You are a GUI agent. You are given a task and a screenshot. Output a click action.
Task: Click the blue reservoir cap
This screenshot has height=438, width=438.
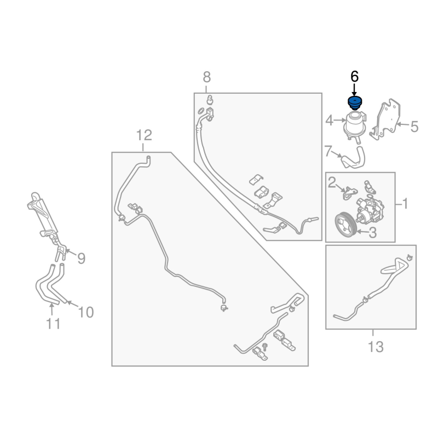(355, 103)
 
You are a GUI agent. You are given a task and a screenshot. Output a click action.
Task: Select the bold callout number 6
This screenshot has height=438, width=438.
(354, 77)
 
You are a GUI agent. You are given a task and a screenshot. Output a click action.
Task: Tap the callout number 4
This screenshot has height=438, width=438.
(330, 120)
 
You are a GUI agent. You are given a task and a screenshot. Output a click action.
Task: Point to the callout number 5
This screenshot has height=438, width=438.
(414, 127)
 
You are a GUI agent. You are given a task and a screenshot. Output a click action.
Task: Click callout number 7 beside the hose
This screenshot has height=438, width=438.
(328, 151)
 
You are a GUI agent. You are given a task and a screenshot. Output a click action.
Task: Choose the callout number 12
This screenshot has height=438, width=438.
(143, 135)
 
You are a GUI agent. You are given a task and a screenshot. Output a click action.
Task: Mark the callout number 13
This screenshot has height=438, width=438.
(376, 346)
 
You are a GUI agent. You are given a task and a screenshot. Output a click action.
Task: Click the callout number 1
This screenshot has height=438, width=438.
(406, 204)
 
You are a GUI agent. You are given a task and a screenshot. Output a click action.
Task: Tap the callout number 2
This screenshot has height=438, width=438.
(331, 181)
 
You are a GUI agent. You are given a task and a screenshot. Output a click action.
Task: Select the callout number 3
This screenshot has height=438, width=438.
(373, 233)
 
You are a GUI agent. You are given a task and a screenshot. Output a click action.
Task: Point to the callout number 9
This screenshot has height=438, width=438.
(81, 258)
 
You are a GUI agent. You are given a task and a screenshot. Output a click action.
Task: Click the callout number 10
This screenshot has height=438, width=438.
(86, 312)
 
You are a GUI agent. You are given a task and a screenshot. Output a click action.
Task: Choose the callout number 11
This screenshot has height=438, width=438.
(53, 324)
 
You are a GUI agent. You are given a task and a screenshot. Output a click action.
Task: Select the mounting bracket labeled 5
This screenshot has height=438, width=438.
(387, 119)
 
